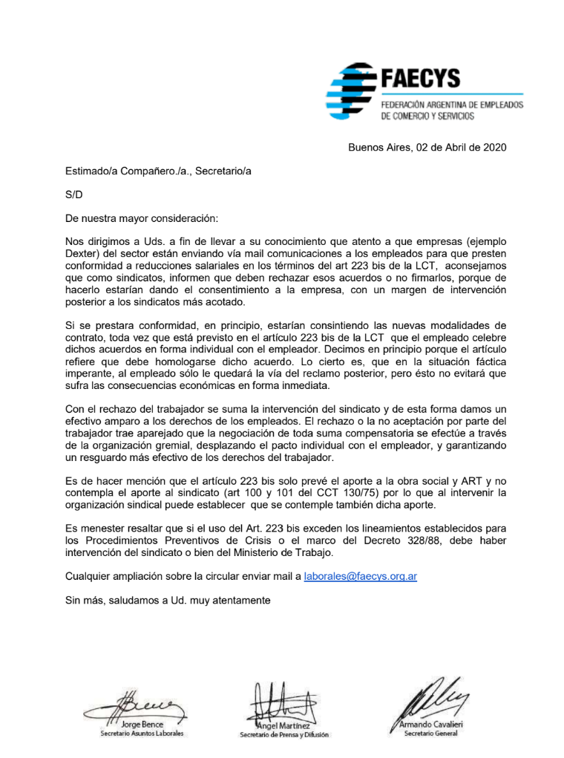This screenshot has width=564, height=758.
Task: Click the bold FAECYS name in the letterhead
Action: (x=420, y=78)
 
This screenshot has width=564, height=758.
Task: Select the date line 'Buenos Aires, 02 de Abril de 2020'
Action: (x=427, y=147)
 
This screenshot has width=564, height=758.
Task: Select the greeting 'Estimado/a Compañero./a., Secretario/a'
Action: (x=158, y=171)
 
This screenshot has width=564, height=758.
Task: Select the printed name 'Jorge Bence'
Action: (x=142, y=725)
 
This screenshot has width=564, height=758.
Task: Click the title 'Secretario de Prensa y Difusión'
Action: (x=283, y=735)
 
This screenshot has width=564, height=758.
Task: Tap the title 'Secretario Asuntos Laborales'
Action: (x=142, y=734)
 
